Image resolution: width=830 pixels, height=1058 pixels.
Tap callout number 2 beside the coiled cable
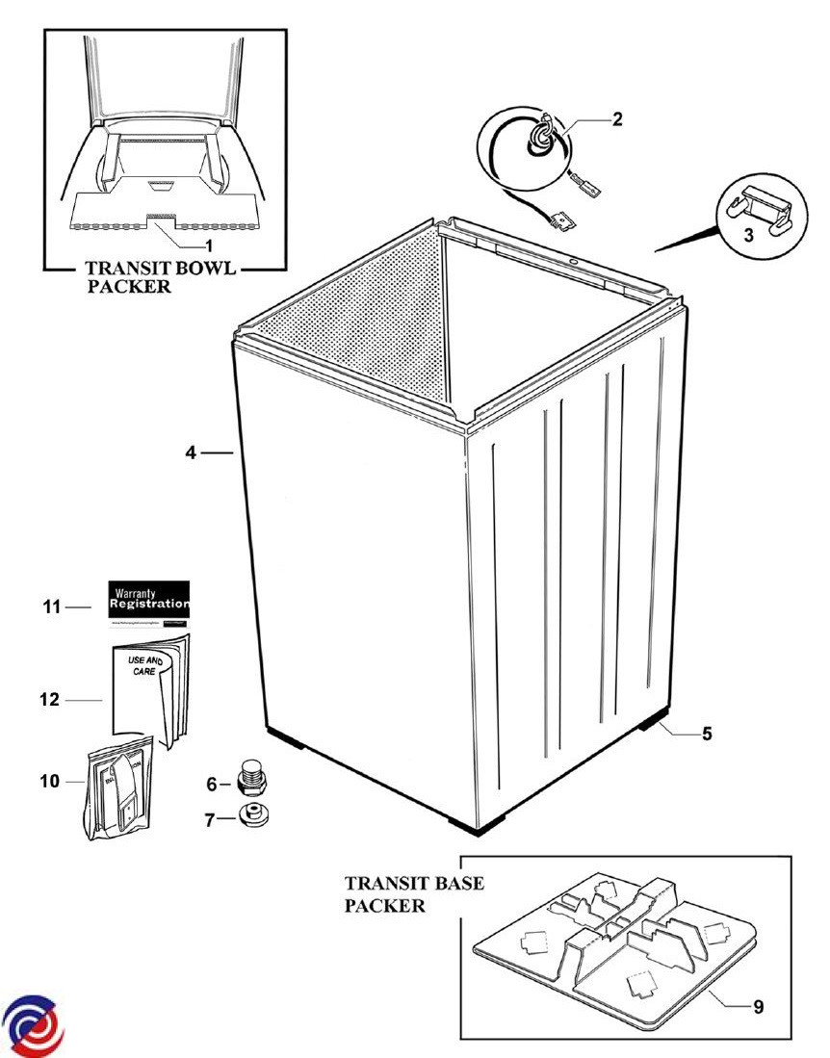617,120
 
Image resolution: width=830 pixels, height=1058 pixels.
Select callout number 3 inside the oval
748,236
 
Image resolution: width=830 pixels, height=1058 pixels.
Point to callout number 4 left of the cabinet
192,452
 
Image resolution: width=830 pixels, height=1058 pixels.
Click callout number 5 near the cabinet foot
706,735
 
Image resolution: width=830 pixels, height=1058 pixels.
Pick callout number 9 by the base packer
758,1007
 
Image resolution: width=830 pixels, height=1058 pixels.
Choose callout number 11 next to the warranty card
52,607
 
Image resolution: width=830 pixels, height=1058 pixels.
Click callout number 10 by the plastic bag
49,781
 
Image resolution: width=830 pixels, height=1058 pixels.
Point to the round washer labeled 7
252,816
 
